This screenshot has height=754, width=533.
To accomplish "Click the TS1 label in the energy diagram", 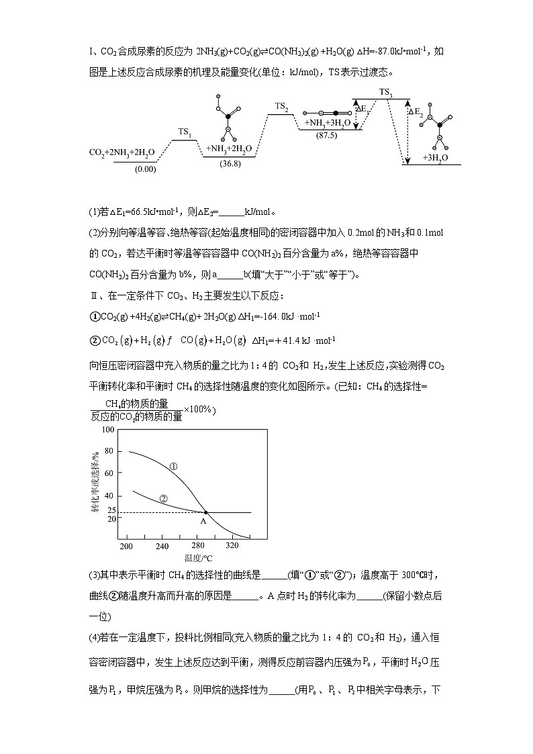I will (x=185, y=132).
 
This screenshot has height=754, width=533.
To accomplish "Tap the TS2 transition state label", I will (x=282, y=106).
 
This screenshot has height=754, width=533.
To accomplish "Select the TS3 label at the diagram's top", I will (x=385, y=92).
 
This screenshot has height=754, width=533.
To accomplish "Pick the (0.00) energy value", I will (x=145, y=169).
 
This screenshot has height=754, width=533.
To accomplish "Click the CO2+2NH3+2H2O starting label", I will (x=122, y=152).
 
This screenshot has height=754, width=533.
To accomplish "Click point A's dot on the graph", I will (x=205, y=512).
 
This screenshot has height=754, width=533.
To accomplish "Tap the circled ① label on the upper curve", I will (x=173, y=466).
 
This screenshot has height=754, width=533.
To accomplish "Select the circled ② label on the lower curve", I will (x=163, y=498).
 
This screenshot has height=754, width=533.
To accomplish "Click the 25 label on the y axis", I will (x=111, y=510).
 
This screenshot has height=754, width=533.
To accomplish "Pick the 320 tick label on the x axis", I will (x=232, y=547).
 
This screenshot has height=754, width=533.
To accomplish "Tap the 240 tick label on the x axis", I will (x=162, y=547).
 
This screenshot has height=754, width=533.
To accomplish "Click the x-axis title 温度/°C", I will (x=197, y=557).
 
